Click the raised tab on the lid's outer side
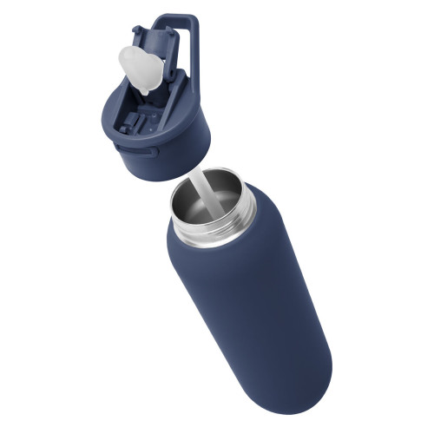(151, 153)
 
